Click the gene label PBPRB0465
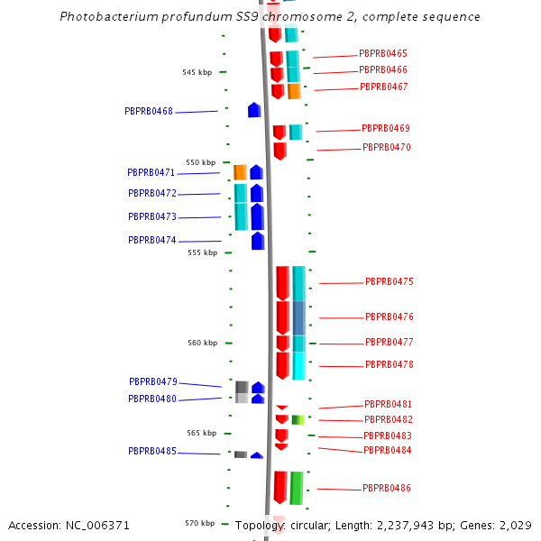(383, 54)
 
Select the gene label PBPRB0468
(149, 111)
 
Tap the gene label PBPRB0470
(387, 147)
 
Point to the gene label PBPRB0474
(152, 240)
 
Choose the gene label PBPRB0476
(390, 316)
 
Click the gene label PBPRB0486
(387, 488)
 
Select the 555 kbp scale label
(203, 252)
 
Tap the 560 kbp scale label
(203, 343)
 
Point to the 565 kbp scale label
(202, 433)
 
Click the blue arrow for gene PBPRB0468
(254, 110)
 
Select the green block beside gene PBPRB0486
(296, 488)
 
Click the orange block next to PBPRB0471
(240, 171)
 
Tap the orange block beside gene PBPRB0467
(294, 91)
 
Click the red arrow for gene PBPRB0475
(282, 282)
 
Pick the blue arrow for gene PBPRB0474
(258, 241)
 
